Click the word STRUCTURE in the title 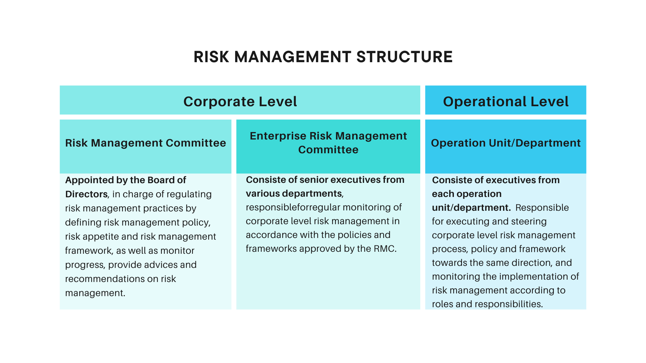point(404,57)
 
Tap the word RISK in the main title point(211,57)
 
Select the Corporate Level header point(240,102)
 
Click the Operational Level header point(506,102)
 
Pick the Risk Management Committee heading point(145,143)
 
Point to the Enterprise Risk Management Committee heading point(328,143)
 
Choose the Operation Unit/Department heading point(506,143)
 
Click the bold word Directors point(86,194)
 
